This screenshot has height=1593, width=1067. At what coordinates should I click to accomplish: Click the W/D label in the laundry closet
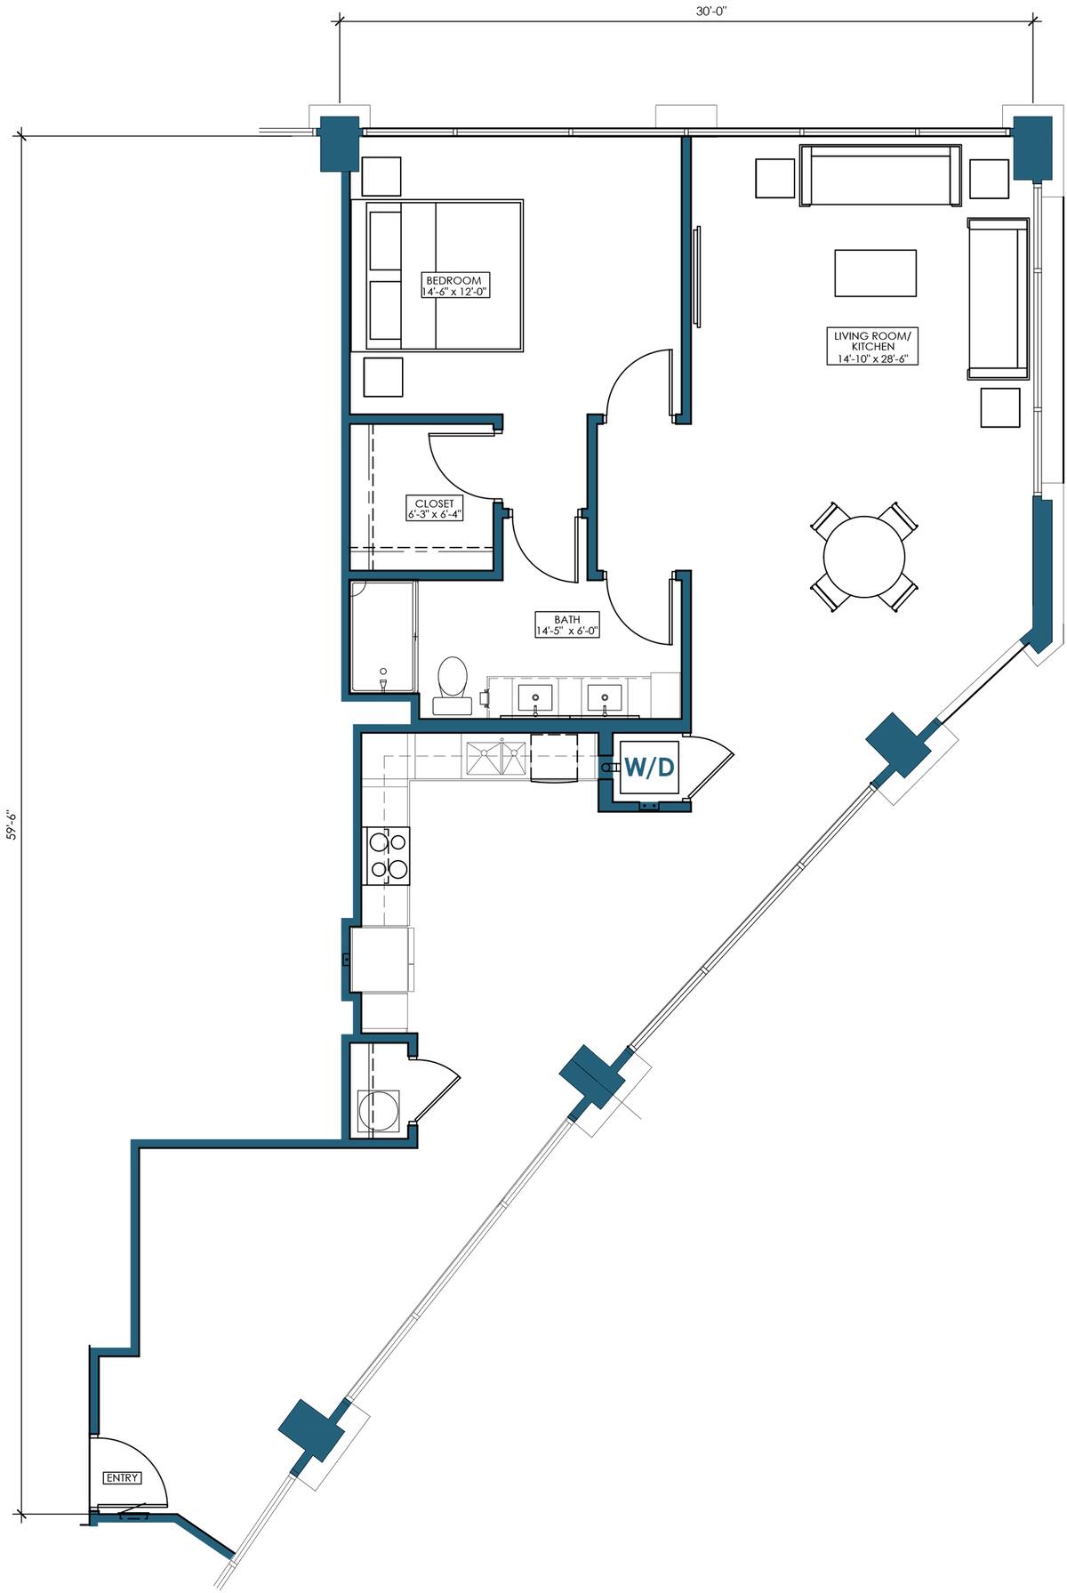649,766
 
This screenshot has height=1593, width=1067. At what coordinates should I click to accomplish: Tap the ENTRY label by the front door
122,1477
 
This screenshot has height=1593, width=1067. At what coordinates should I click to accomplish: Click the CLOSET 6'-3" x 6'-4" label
434,509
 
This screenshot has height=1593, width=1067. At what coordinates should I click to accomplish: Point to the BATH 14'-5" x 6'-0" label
567,624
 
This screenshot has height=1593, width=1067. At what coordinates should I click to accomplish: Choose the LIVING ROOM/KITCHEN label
872,347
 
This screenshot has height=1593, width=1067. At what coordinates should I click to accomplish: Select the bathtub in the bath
382,637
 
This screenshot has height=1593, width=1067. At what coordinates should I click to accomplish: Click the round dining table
863,558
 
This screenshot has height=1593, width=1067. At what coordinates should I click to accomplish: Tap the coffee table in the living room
875,272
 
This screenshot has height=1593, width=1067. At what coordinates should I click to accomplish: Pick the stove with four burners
388,856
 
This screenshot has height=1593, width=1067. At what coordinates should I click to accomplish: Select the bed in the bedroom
437,276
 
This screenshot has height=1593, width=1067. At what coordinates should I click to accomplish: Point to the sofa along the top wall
880,174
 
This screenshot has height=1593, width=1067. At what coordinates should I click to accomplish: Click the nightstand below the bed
383,376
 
